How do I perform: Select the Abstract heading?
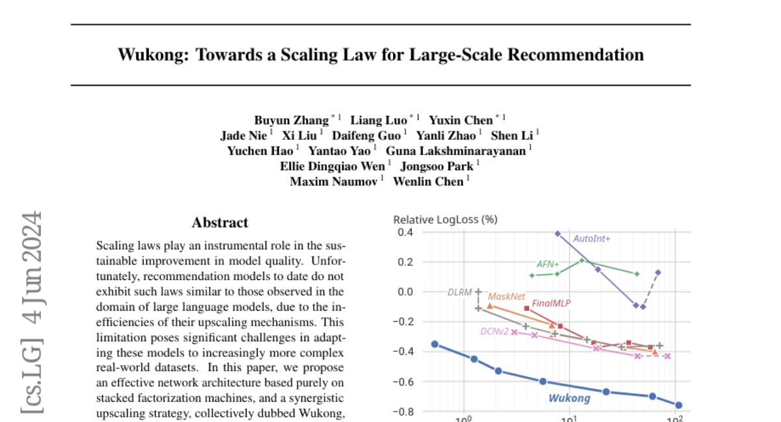pyautogui.click(x=219, y=223)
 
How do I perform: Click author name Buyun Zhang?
pyautogui.click(x=292, y=120)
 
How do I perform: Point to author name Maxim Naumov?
pyautogui.click(x=333, y=181)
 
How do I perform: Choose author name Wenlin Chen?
pyautogui.click(x=428, y=181)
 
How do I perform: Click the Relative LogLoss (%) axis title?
pyautogui.click(x=445, y=219)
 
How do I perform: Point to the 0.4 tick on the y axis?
pyautogui.click(x=405, y=232)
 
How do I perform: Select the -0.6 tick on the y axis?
pyautogui.click(x=404, y=382)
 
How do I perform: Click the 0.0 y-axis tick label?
pyautogui.click(x=405, y=292)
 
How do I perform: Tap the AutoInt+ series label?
pyautogui.click(x=592, y=238)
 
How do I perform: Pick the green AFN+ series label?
pyautogui.click(x=548, y=264)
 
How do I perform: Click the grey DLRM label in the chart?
pyautogui.click(x=459, y=292)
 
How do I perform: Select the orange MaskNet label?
pyautogui.click(x=506, y=296)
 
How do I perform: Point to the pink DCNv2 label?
pyautogui.click(x=494, y=331)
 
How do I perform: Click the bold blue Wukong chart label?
pyautogui.click(x=569, y=399)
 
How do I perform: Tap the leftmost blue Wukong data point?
pyautogui.click(x=435, y=344)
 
